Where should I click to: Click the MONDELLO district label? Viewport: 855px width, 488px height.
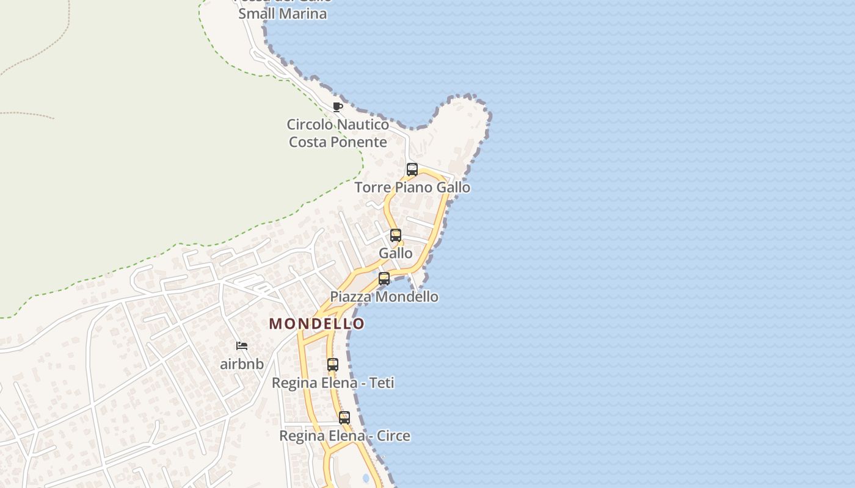316,324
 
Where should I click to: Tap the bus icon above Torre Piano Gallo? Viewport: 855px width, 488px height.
412,170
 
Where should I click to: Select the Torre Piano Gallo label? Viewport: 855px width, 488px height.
412,187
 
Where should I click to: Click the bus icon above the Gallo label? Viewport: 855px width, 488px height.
396,235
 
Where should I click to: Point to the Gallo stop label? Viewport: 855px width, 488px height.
396,253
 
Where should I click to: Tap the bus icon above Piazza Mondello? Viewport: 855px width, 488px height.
384,279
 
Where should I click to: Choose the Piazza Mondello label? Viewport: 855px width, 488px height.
384,297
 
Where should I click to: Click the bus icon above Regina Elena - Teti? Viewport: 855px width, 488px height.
333,365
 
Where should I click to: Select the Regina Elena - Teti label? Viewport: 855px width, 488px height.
333,383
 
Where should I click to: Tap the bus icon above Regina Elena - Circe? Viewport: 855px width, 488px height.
344,418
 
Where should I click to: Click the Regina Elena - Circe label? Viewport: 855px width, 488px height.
344,436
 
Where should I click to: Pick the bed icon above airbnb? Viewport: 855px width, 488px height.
242,346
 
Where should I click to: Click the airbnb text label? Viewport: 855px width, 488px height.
242,364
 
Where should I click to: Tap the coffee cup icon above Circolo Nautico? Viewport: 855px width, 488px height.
338,107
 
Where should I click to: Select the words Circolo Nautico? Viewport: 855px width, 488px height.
338,124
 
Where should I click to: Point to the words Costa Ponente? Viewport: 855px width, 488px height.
338,142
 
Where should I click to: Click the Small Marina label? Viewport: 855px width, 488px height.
282,13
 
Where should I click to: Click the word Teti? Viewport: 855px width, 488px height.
380,383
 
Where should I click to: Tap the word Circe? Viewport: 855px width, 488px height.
393,436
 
